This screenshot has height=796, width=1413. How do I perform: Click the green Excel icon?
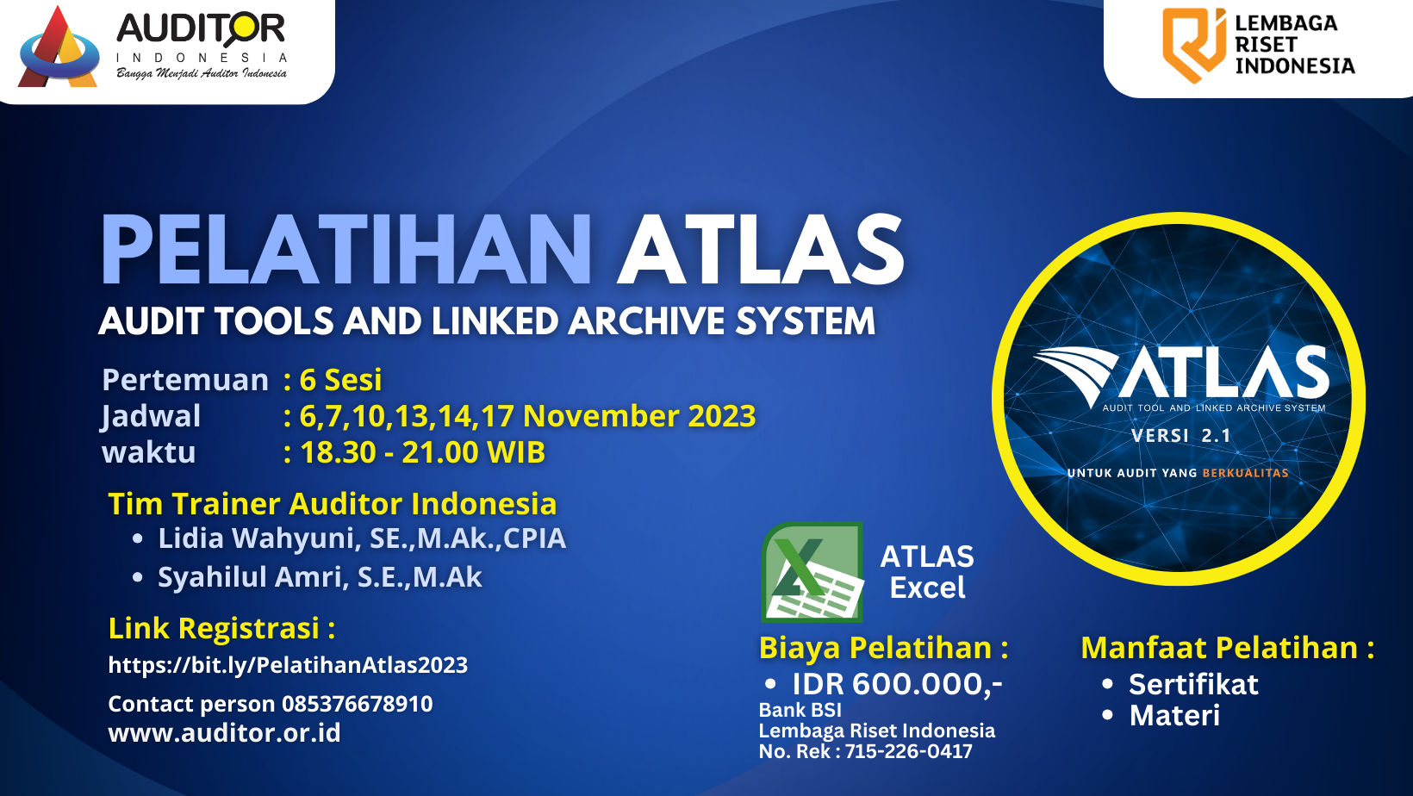click(x=812, y=571)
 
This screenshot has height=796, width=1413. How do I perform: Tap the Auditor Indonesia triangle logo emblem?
click(x=59, y=50)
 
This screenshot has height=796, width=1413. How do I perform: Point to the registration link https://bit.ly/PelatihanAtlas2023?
click(x=288, y=665)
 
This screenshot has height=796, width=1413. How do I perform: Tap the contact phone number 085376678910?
click(x=357, y=704)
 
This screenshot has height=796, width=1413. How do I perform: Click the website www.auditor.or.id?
click(x=224, y=733)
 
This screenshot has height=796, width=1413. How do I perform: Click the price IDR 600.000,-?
click(x=897, y=684)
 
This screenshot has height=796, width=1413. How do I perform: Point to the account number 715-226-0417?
click(x=908, y=751)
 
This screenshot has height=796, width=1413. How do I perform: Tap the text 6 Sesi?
click(x=340, y=380)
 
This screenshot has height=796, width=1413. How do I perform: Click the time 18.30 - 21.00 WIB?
click(x=422, y=452)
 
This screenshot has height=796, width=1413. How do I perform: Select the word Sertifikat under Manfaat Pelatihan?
click(x=1193, y=684)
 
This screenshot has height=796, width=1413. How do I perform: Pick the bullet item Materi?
click(x=1174, y=716)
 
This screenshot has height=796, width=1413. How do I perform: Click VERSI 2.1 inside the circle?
click(x=1180, y=436)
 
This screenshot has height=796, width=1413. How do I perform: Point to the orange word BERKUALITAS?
click(x=1245, y=473)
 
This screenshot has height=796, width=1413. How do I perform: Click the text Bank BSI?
click(x=800, y=710)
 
